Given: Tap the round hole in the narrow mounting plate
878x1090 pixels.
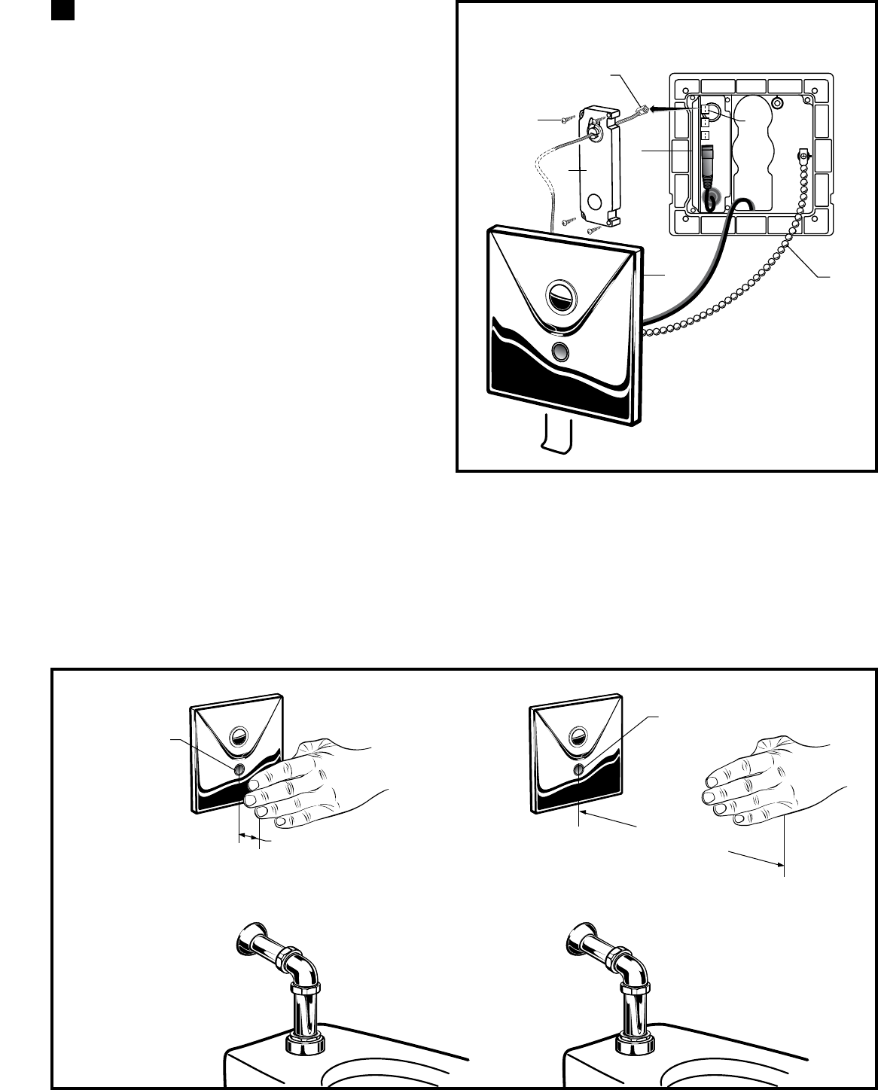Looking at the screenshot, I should [595, 201].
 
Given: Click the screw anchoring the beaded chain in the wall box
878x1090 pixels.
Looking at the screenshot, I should [803, 157].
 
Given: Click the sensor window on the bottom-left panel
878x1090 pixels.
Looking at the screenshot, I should [239, 769].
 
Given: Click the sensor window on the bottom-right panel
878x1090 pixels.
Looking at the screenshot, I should [578, 769].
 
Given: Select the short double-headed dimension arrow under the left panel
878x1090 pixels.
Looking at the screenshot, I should [249, 836].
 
